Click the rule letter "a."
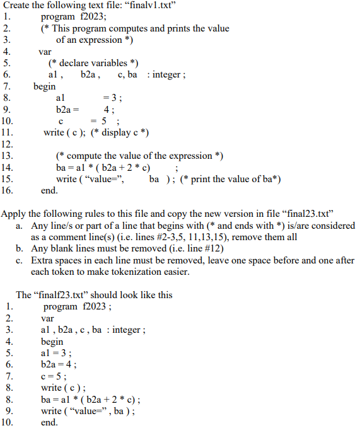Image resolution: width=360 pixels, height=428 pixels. pyautogui.click(x=20, y=225)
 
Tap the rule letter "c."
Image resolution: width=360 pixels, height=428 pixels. pyautogui.click(x=20, y=260)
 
